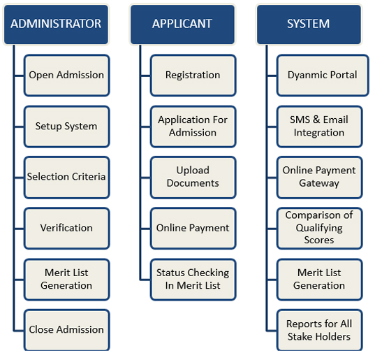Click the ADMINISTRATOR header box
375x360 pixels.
(56, 24)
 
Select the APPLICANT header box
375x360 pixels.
(182, 24)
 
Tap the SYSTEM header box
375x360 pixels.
(309, 24)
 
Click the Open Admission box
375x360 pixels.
(67, 75)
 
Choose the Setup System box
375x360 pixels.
(67, 127)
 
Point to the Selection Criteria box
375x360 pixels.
(67, 178)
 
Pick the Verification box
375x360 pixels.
(67, 229)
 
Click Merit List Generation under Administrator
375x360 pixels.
(67, 280)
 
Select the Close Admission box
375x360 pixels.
(67, 331)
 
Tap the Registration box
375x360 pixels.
(193, 75)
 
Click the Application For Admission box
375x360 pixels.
(193, 127)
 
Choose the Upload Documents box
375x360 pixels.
(193, 178)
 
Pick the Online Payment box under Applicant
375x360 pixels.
(193, 229)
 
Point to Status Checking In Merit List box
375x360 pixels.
(193, 280)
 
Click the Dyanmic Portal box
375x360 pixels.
(323, 75)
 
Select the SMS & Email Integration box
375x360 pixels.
(320, 127)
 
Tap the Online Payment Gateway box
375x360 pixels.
(320, 178)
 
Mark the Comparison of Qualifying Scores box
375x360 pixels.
(320, 229)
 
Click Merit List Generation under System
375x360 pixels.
(320, 280)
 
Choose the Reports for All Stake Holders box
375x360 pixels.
(320, 331)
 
